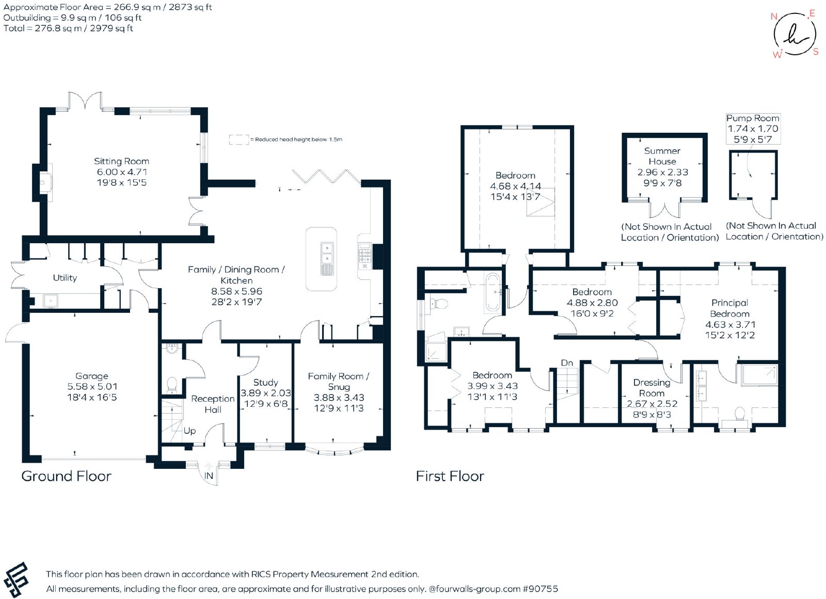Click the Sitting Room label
121,161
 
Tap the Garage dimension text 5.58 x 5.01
92,387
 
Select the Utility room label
65,278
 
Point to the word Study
265,383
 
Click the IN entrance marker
209,476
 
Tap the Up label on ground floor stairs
189,431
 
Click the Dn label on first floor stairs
567,363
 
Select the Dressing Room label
652,388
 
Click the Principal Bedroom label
730,308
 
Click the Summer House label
662,156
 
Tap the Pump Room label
753,118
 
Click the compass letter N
774,17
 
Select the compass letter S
816,52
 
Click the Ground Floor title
67,476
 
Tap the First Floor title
450,476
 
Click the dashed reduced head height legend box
239,139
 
